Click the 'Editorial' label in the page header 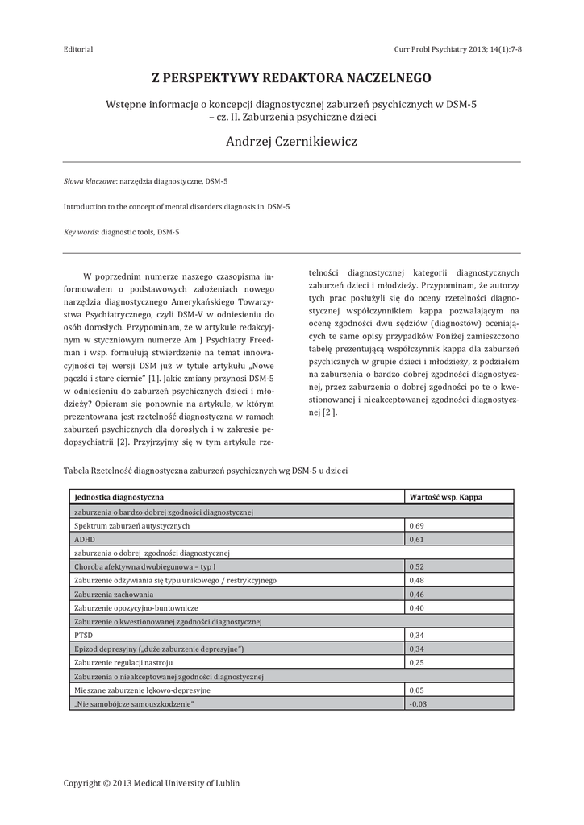click(x=78, y=49)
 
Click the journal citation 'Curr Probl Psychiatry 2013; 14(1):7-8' click(x=457, y=49)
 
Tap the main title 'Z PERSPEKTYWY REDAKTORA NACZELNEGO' click(x=292, y=78)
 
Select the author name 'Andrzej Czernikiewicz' click(x=292, y=142)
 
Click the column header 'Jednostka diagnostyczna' click(x=119, y=497)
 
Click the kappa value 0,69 click(x=417, y=525)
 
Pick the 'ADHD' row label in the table click(x=84, y=539)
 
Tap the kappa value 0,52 click(x=417, y=566)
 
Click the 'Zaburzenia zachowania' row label click(x=113, y=594)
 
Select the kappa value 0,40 click(x=417, y=607)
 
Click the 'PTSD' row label click(x=83, y=635)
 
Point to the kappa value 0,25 click(x=417, y=662)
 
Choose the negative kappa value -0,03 click(x=418, y=703)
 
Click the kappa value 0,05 click(x=417, y=690)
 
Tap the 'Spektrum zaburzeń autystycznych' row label click(x=131, y=525)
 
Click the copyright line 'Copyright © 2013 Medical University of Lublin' click(x=152, y=782)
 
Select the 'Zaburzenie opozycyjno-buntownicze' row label click(x=136, y=607)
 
